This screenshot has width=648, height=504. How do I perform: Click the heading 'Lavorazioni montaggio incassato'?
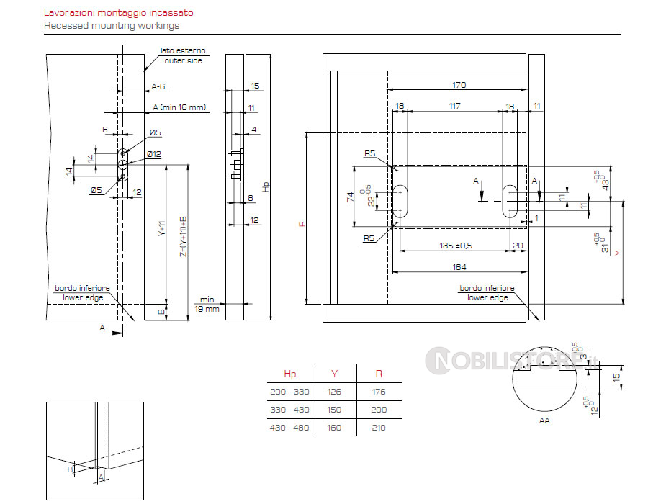118,13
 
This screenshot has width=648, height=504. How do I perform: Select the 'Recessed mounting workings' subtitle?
112,25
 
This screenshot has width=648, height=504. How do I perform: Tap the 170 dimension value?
459,85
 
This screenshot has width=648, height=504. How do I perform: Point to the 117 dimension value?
454,107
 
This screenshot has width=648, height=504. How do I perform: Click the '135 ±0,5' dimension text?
456,246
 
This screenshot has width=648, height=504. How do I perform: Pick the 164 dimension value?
459,267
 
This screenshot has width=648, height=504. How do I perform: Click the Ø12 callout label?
153,153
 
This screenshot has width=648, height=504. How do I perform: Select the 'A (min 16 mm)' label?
179,108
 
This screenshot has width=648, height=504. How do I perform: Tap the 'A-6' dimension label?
158,86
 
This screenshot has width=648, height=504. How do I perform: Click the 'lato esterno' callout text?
184,51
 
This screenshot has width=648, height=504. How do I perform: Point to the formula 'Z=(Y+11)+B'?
183,236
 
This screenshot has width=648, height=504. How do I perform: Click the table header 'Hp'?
289,374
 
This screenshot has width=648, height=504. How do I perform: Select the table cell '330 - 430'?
289,410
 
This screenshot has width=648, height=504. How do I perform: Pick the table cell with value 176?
379,392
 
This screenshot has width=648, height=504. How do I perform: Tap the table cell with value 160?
334,428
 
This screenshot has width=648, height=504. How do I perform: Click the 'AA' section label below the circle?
544,420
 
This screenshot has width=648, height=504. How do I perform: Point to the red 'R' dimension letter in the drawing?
302,224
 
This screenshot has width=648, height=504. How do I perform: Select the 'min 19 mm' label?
208,304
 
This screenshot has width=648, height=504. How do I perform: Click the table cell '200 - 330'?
289,392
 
